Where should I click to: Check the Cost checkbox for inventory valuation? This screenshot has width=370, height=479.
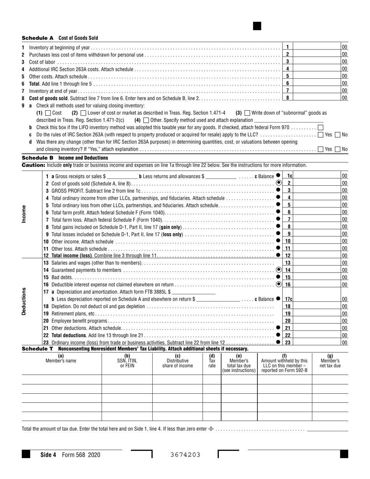click(x=48, y=113)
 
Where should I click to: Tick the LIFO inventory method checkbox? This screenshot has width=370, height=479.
click(x=320, y=127)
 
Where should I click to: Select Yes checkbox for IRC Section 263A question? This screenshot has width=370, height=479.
click(x=320, y=135)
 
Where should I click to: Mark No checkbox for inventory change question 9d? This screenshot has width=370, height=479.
click(x=338, y=149)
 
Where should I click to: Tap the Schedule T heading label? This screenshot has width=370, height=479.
click(x=37, y=349)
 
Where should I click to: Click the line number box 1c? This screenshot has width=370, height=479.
click(x=289, y=176)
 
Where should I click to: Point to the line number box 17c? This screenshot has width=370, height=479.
click(x=289, y=299)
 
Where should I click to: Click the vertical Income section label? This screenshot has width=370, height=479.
click(x=24, y=214)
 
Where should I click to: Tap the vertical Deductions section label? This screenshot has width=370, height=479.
click(x=24, y=301)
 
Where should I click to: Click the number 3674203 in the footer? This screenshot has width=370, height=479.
click(x=185, y=454)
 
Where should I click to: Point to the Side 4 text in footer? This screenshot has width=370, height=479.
click(x=48, y=454)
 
